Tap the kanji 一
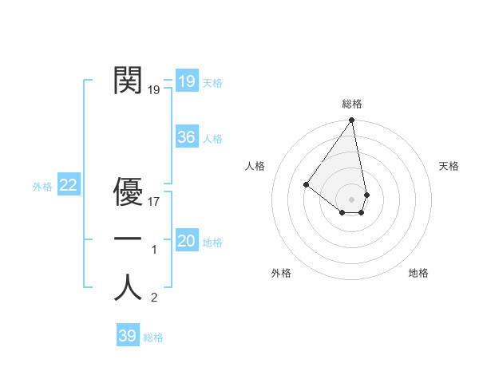click(x=128, y=239)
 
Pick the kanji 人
click(x=128, y=287)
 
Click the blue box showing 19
click(x=186, y=81)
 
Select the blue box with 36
click(x=186, y=137)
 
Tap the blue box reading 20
click(x=186, y=241)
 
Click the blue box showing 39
click(x=127, y=336)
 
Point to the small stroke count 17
click(x=154, y=202)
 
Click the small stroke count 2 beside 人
click(x=154, y=298)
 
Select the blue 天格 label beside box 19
click(x=212, y=83)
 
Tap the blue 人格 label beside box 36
click(x=212, y=139)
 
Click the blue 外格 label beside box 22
click(x=42, y=187)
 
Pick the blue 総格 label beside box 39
click(x=153, y=337)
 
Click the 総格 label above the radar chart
click(x=352, y=104)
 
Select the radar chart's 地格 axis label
click(x=418, y=273)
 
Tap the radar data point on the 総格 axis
click(x=352, y=120)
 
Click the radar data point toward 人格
click(x=306, y=184)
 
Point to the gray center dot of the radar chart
click(x=352, y=199)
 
